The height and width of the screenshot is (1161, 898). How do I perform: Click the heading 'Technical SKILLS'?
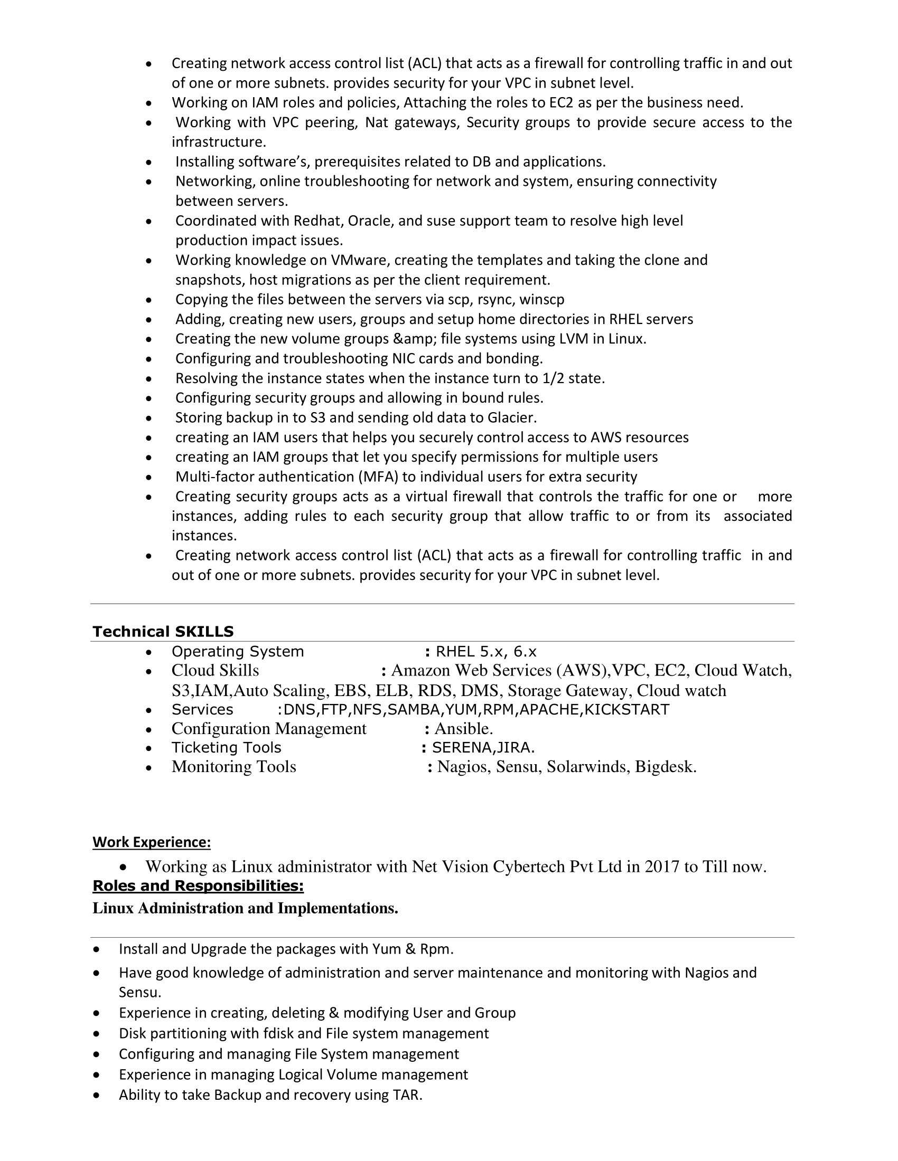(163, 632)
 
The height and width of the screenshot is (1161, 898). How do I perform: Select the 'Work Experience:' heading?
(152, 842)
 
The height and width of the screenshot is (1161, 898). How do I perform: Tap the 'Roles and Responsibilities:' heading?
(198, 886)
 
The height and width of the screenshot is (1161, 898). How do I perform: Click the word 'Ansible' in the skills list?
(463, 729)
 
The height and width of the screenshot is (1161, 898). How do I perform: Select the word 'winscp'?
(541, 300)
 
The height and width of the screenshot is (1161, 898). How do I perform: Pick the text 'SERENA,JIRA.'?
(483, 748)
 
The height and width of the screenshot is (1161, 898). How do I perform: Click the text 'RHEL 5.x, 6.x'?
(485, 652)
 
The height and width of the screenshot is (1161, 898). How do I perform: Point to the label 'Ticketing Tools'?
(226, 748)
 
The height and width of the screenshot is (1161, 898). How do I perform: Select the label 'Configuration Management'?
(269, 729)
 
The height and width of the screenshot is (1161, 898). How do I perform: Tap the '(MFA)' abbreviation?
(381, 477)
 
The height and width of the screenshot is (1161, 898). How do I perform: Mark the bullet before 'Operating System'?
(149, 653)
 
